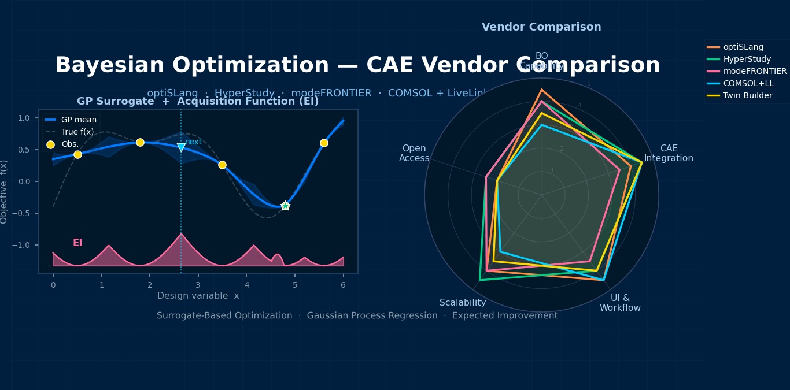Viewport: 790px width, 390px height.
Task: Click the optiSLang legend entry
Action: coord(743,47)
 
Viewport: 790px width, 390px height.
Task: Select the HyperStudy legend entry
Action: coord(747,60)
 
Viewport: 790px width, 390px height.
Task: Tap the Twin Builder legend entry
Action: coord(747,96)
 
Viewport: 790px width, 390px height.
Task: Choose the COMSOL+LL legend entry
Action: coord(748,84)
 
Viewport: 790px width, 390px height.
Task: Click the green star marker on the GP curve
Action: coord(285,206)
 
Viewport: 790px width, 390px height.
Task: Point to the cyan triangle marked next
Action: coord(181,147)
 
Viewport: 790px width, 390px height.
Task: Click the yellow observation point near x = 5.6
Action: coord(324,143)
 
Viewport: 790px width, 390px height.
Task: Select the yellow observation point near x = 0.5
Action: coord(77,154)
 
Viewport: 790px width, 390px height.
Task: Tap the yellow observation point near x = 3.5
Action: coord(222,165)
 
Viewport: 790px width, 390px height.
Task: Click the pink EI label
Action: coord(77,243)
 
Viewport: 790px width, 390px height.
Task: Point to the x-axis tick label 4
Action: coord(246,285)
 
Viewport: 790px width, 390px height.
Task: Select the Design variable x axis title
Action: coord(198,296)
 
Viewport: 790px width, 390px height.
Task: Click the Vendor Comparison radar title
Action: coord(541,27)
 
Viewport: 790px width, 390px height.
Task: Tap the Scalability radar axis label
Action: coord(463,303)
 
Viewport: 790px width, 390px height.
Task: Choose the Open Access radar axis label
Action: coord(414,154)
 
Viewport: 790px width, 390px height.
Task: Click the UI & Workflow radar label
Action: coord(620,303)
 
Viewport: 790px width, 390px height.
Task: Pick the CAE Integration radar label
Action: coord(669,154)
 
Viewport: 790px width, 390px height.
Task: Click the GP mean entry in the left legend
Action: coord(79,120)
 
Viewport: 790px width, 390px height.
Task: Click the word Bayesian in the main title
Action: coord(109,65)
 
